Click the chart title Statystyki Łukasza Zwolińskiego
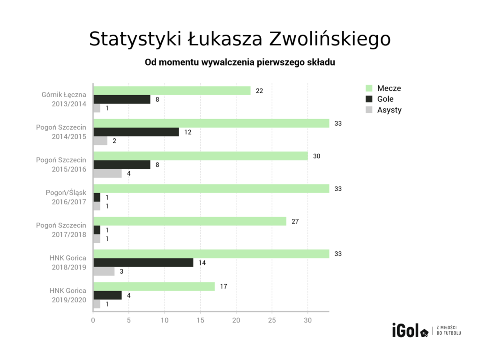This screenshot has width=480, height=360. click(240, 39)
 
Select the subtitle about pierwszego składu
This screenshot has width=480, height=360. click(240, 62)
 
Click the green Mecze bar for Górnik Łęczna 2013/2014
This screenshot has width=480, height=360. click(172, 90)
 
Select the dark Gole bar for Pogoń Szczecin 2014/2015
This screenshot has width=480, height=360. click(136, 132)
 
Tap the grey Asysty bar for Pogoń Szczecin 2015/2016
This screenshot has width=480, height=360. click(107, 173)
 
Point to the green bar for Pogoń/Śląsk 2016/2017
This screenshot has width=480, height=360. click(211, 188)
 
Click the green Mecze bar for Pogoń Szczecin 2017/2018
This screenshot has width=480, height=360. click(189, 221)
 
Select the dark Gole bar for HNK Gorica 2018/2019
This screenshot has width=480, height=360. click(143, 262)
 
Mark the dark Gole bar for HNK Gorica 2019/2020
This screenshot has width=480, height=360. click(107, 295)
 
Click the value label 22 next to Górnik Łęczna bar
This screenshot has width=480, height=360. click(259, 90)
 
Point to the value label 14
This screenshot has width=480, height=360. click(202, 262)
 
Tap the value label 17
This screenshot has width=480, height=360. click(224, 286)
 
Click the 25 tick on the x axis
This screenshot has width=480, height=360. click(272, 321)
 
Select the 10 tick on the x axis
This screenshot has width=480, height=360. click(165, 321)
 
